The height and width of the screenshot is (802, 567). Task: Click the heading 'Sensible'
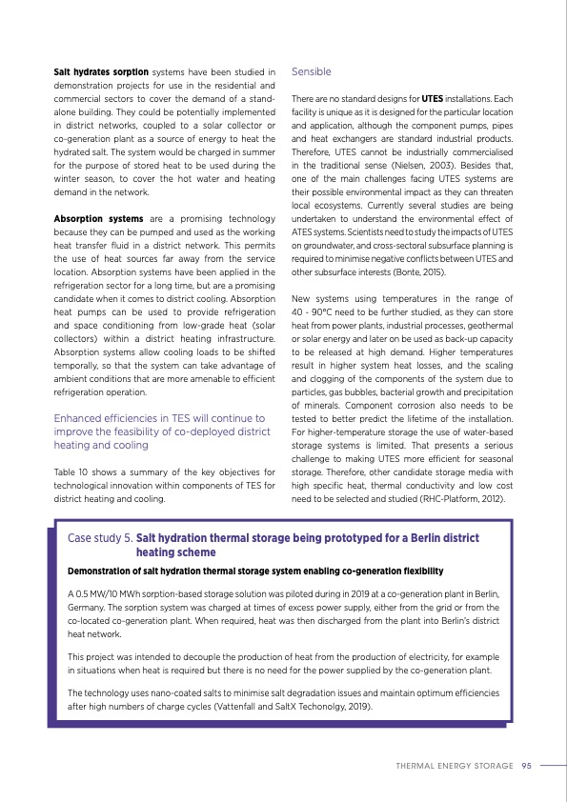pos(312,71)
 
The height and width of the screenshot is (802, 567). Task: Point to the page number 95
pos(526,764)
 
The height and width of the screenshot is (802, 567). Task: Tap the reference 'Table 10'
pos(71,471)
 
